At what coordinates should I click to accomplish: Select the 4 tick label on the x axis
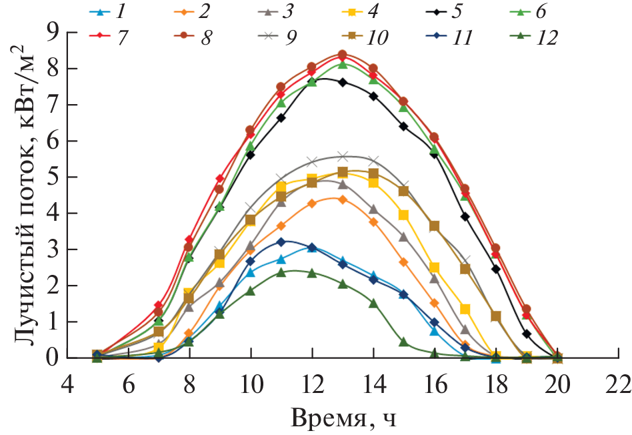[67, 385]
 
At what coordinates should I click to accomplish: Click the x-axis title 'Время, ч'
[345, 418]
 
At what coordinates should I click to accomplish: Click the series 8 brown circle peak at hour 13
[342, 55]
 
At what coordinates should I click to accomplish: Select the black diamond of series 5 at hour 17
[465, 217]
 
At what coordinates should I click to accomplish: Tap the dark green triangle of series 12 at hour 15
[403, 342]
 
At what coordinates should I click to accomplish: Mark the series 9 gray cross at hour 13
[342, 157]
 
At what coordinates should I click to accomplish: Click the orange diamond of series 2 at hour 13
[342, 199]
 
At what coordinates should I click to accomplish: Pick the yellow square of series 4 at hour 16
[434, 268]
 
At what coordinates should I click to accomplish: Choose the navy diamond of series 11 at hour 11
[281, 242]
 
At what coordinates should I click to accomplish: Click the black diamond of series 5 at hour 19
[527, 334]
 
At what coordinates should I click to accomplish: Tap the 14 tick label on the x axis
[373, 385]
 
